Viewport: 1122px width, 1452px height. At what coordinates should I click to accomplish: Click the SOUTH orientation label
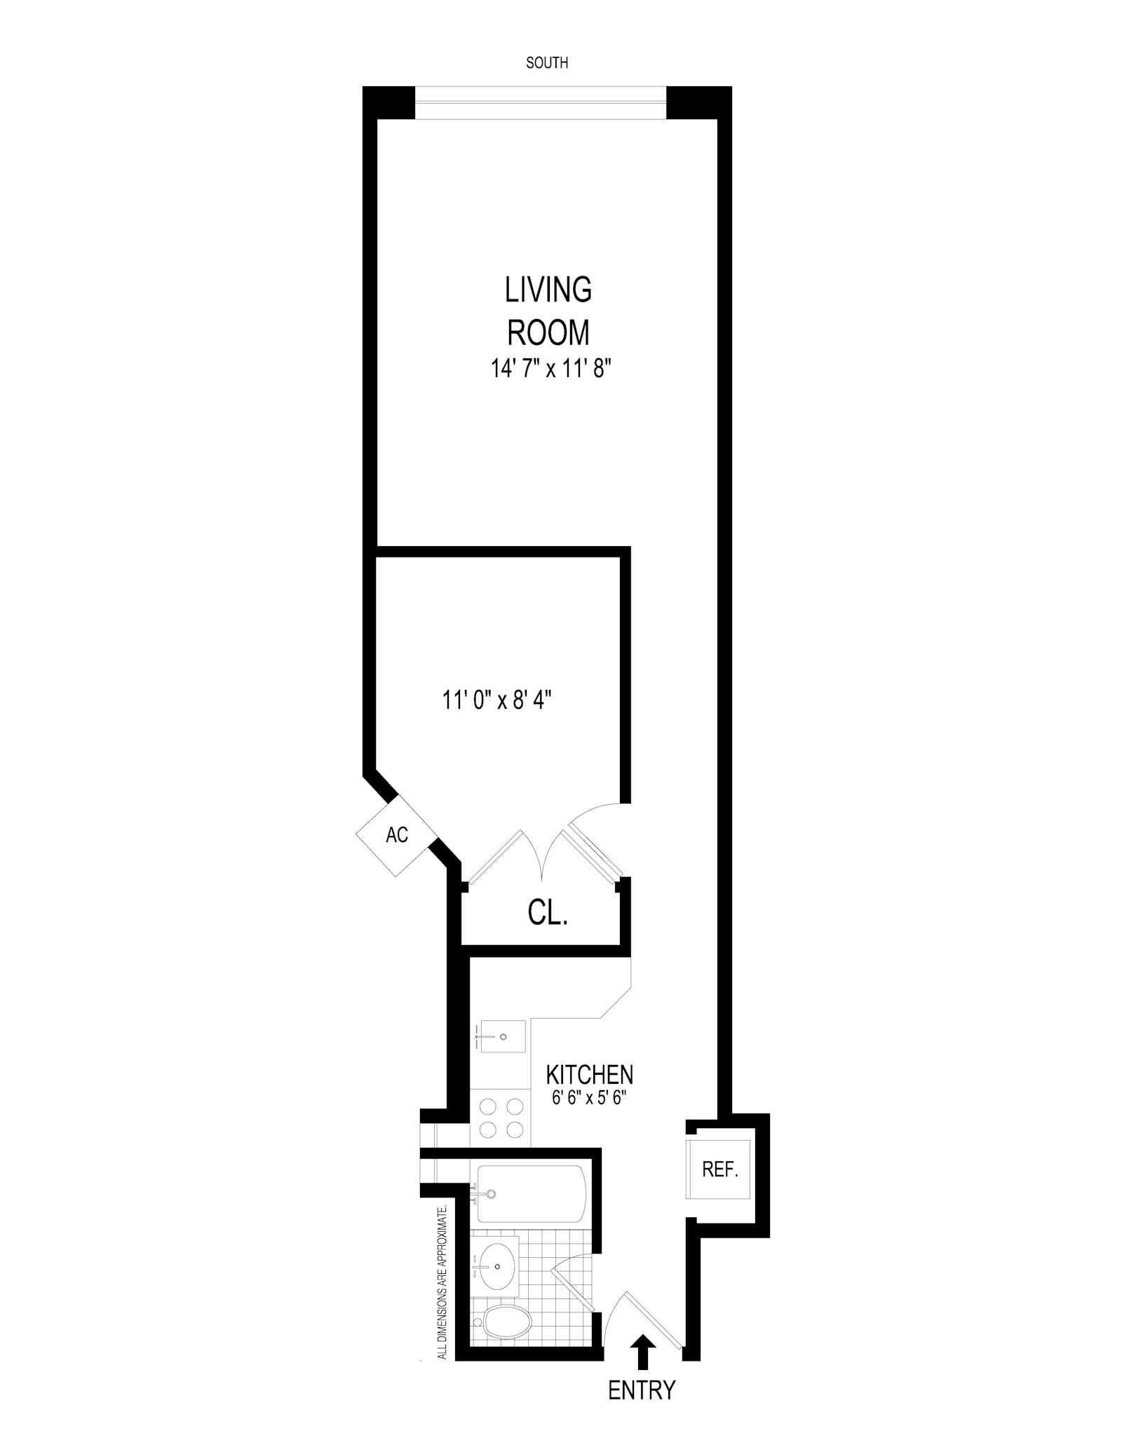tap(547, 63)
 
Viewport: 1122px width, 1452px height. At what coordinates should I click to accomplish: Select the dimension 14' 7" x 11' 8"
tap(548, 369)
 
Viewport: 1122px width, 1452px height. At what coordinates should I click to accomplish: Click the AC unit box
tap(397, 835)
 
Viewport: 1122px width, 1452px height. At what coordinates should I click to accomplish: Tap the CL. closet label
tap(547, 914)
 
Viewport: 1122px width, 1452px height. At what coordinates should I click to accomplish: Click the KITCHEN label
tap(589, 1075)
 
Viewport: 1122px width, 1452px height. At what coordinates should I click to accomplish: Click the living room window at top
tap(540, 103)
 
